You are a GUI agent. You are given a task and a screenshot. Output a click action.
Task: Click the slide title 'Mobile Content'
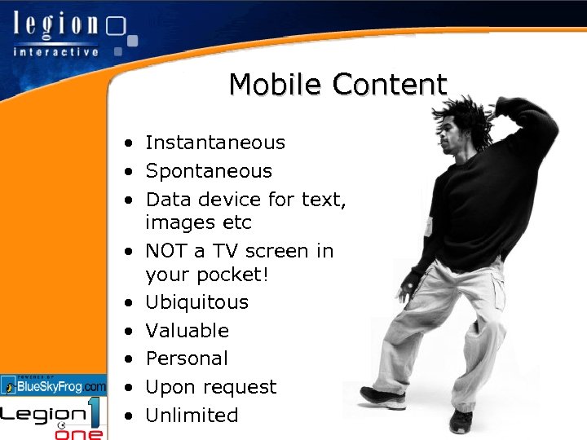(x=338, y=84)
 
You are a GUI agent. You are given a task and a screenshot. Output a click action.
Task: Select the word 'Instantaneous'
(x=215, y=143)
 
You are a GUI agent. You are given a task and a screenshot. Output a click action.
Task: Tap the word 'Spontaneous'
(x=209, y=171)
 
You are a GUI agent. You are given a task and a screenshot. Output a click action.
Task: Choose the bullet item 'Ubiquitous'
(x=196, y=302)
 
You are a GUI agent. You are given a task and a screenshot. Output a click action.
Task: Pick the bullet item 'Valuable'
(x=187, y=331)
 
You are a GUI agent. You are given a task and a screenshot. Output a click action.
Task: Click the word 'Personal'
(x=187, y=359)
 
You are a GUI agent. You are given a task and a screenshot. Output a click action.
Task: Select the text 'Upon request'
(x=211, y=387)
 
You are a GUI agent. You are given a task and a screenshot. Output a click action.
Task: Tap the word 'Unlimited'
(x=192, y=416)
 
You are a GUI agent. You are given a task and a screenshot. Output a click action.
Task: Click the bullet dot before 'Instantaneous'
(x=129, y=144)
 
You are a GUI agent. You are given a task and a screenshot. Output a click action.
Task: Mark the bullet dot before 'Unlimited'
(x=129, y=416)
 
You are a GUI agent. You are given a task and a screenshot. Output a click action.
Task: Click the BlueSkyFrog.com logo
(x=54, y=385)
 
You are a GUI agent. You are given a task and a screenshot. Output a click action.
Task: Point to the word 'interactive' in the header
(x=55, y=51)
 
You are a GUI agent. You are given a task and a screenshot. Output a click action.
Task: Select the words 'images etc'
(x=198, y=222)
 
